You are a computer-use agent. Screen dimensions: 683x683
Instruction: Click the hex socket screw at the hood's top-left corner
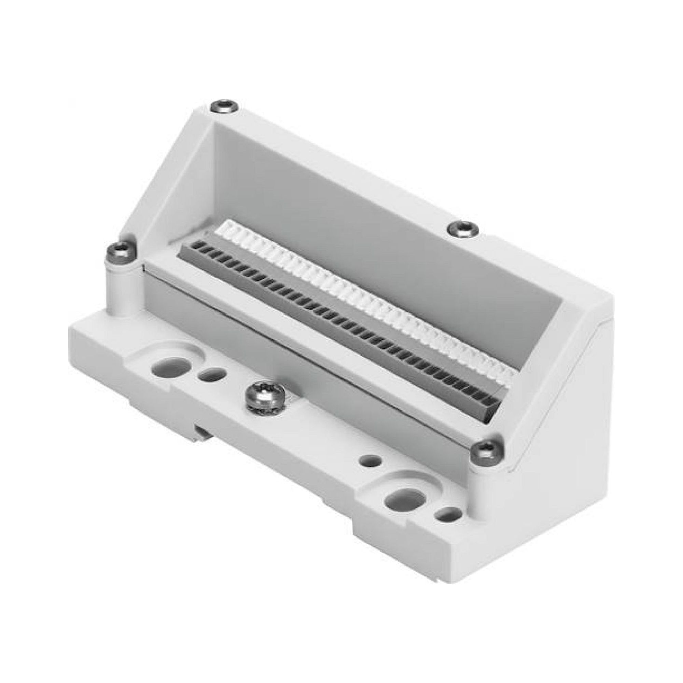224,107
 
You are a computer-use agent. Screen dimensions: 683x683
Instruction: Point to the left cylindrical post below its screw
120,290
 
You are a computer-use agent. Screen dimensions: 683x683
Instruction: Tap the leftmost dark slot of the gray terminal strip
194,244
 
